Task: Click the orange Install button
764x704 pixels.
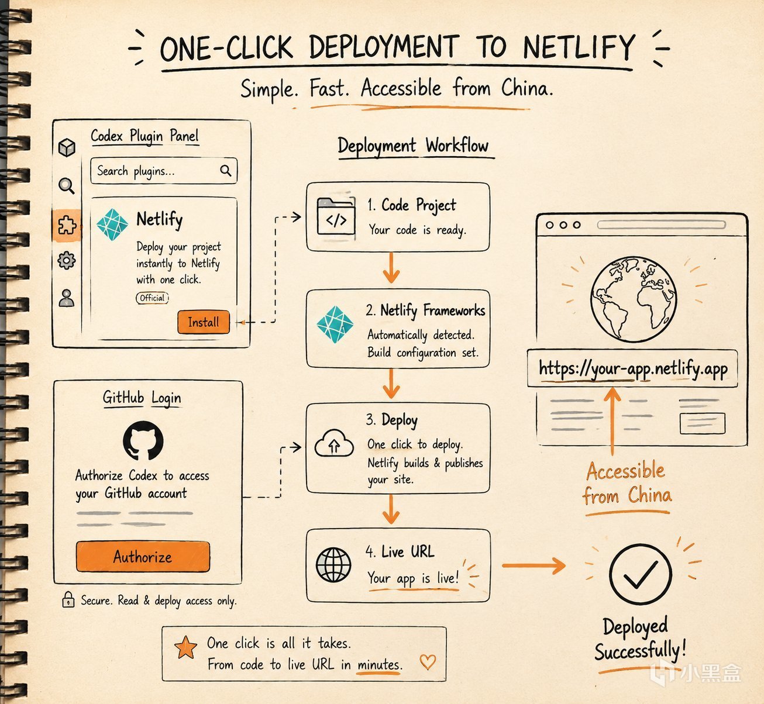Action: click(204, 322)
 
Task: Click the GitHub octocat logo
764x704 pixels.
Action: click(143, 440)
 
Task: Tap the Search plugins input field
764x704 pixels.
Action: click(164, 170)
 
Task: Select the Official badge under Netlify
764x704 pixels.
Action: click(152, 298)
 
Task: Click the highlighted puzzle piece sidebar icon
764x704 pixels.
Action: click(67, 226)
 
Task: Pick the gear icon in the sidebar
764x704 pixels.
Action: click(67, 261)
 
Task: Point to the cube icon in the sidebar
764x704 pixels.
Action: click(67, 147)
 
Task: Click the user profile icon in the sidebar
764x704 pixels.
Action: click(67, 298)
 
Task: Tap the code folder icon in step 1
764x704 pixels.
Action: click(336, 216)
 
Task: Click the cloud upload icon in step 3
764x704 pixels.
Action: click(334, 444)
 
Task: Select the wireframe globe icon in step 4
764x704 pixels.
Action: click(333, 565)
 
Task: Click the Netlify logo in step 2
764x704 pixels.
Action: click(335, 325)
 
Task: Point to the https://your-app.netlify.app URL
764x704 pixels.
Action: click(633, 369)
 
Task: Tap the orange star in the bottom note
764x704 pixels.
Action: click(185, 647)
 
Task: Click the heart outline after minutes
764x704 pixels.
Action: click(428, 662)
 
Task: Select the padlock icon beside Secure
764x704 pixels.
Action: click(68, 599)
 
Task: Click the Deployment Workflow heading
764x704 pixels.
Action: click(413, 146)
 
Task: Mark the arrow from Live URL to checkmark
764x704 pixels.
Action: click(534, 565)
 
